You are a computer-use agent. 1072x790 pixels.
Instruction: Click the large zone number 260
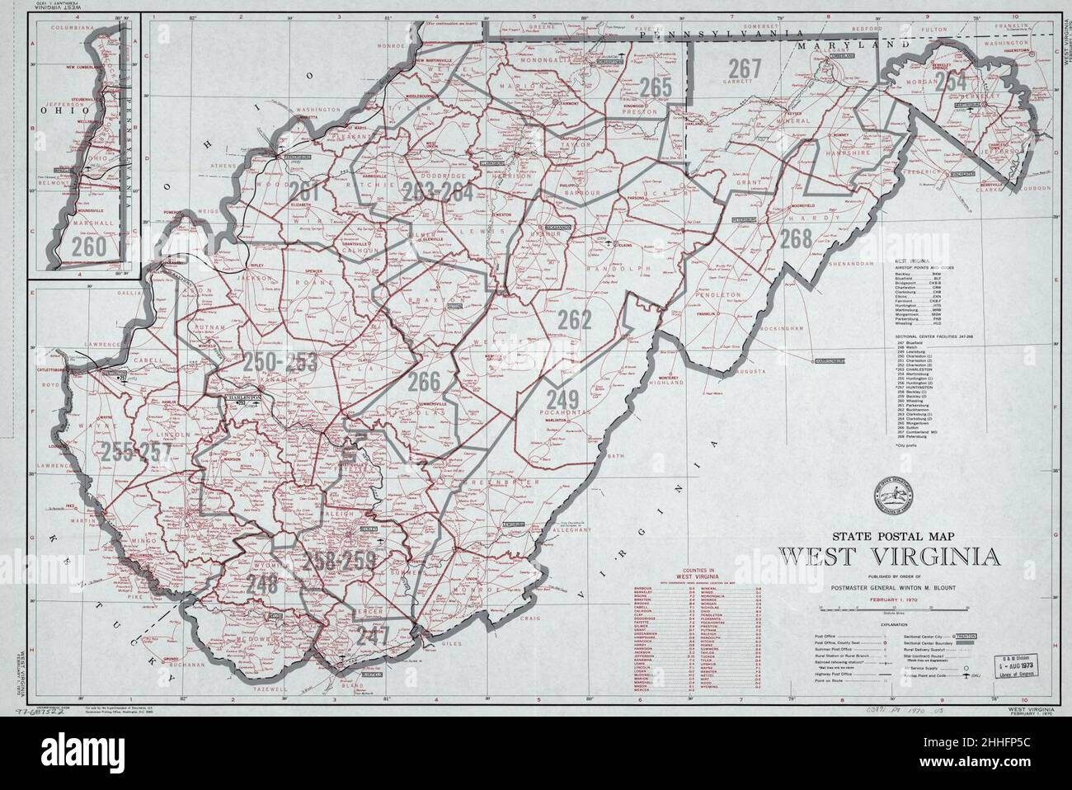(x=89, y=246)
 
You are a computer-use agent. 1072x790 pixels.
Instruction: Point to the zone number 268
(x=797, y=238)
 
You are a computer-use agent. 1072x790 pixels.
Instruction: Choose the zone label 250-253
(x=280, y=361)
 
